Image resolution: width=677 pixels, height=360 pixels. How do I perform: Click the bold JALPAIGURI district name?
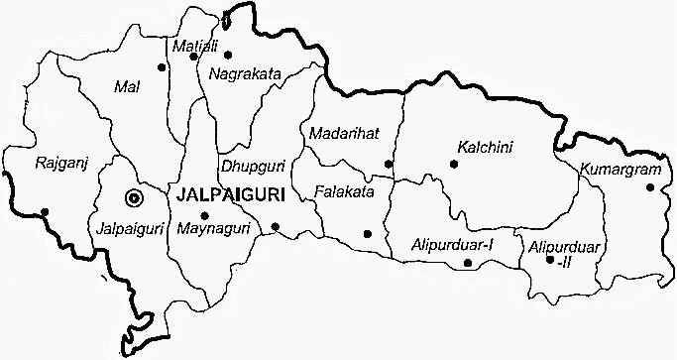pyautogui.click(x=226, y=195)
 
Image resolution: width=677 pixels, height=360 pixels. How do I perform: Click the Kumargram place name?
pyautogui.click(x=620, y=169)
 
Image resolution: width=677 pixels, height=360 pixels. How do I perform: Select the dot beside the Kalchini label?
pyautogui.click(x=454, y=164)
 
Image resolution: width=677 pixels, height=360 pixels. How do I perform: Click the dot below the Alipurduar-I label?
pyautogui.click(x=467, y=263)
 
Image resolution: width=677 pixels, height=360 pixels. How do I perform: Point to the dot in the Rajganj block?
pyautogui.click(x=45, y=211)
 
